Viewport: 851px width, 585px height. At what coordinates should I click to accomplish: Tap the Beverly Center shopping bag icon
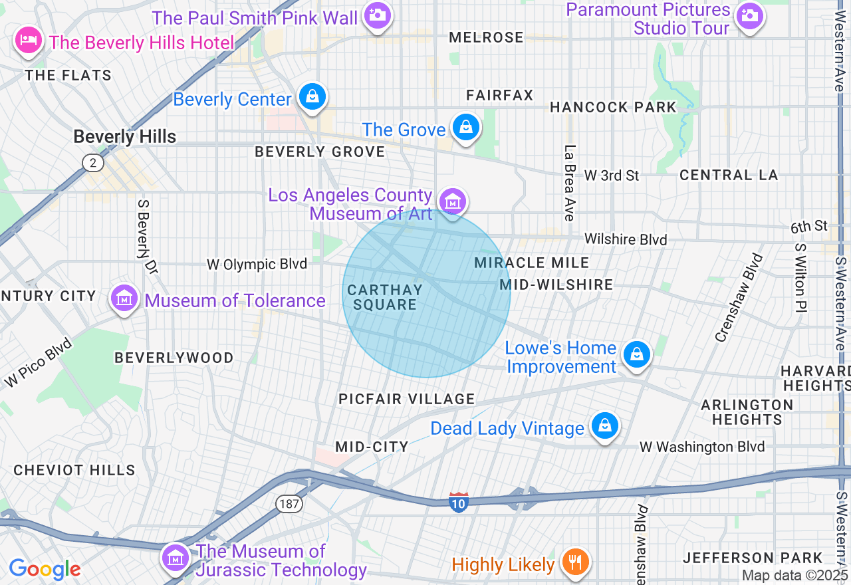tap(312, 98)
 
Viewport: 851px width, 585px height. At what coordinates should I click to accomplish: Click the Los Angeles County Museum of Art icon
tap(453, 201)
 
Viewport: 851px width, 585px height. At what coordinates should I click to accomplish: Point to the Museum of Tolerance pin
tap(124, 299)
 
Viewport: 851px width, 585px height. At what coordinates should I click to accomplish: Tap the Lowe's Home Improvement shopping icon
tap(637, 355)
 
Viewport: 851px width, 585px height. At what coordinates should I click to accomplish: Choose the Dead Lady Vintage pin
tap(605, 426)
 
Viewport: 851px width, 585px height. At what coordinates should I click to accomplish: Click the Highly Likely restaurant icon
tap(572, 563)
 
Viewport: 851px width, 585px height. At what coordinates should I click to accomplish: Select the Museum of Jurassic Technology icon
tap(176, 558)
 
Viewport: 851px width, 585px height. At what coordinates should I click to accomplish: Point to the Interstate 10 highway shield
tap(458, 502)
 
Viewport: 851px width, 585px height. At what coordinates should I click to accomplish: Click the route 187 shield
tap(289, 504)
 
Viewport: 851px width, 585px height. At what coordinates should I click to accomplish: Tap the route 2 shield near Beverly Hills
tap(93, 162)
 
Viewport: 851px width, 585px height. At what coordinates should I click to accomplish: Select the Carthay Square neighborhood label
tap(385, 297)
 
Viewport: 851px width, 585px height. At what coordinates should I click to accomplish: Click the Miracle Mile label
tap(532, 263)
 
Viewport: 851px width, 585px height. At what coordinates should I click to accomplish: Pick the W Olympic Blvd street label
tap(257, 265)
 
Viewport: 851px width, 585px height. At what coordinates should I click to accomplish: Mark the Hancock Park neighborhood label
tap(613, 107)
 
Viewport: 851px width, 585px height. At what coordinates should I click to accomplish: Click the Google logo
tap(45, 569)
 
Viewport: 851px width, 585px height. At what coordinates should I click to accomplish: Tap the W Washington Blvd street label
tap(702, 447)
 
